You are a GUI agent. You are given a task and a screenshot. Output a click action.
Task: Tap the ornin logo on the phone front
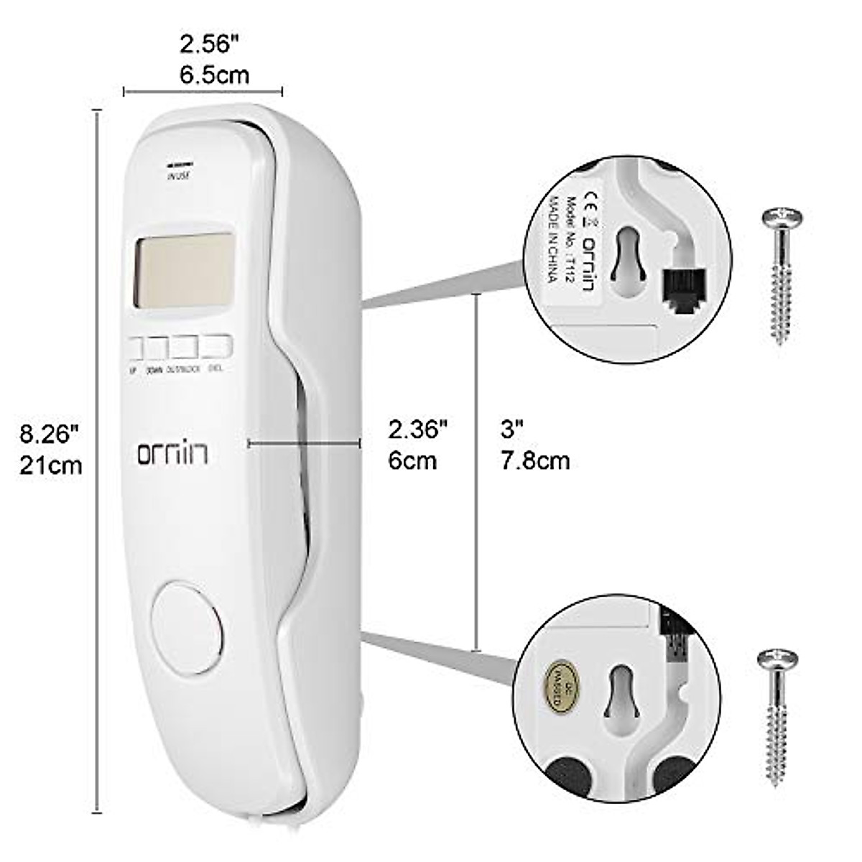pyautogui.click(x=173, y=453)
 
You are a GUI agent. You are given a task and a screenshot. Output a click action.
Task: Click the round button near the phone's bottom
pyautogui.click(x=188, y=627)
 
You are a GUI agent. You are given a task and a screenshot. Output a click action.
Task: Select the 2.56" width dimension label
pyautogui.click(x=208, y=45)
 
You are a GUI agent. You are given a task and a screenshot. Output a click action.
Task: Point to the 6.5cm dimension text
pyautogui.click(x=214, y=75)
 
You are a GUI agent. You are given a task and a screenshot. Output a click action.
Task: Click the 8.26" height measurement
pyautogui.click(x=48, y=434)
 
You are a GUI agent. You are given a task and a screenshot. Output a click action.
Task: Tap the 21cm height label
pyautogui.click(x=50, y=465)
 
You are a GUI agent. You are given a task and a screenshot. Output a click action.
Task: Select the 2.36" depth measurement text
pyautogui.click(x=418, y=430)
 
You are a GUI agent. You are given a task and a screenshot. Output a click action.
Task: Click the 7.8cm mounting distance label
pyautogui.click(x=535, y=460)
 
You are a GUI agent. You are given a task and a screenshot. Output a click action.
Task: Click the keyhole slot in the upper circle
pyautogui.click(x=625, y=255)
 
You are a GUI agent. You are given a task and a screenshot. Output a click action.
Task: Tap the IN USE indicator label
pyautogui.click(x=178, y=175)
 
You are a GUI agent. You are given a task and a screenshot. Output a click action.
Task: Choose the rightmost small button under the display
pyautogui.click(x=218, y=347)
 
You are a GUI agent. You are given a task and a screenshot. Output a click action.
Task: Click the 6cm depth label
pyautogui.click(x=412, y=460)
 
